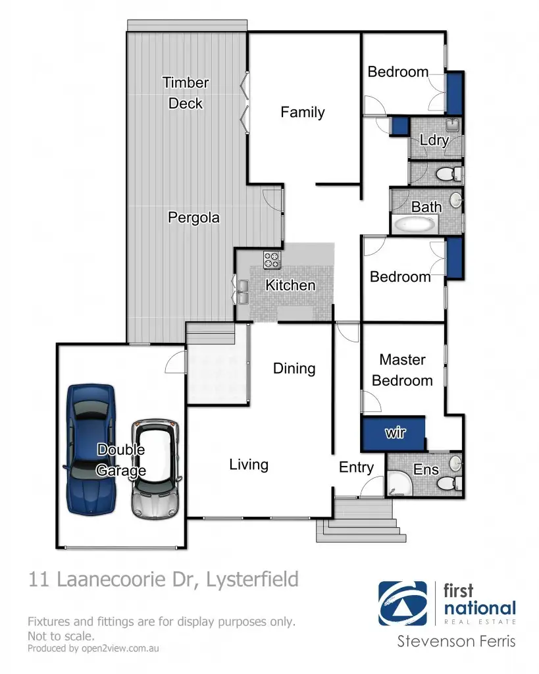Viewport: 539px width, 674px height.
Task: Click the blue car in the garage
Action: tap(91, 449)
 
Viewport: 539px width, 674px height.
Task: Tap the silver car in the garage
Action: tap(155, 469)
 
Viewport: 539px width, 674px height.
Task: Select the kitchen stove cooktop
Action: tap(272, 260)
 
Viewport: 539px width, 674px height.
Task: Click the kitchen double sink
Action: tap(243, 292)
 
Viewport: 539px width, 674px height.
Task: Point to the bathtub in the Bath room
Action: tap(415, 224)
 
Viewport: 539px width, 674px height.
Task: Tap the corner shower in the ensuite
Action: tap(399, 484)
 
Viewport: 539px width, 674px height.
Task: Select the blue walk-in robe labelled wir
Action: tap(394, 434)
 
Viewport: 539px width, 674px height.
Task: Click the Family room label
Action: tap(303, 112)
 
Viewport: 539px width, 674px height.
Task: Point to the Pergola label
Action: tap(193, 217)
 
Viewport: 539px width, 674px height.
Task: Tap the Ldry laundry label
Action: tap(434, 140)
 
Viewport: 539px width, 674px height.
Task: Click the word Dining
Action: tap(294, 369)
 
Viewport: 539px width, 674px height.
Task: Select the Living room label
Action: tap(249, 465)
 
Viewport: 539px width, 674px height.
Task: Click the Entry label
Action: tap(356, 467)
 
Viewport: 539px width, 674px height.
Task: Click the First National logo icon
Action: tap(403, 604)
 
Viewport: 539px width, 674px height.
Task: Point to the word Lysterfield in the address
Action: tap(252, 579)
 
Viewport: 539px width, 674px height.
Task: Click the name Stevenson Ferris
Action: tap(456, 641)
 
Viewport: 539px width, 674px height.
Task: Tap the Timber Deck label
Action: tap(186, 93)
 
